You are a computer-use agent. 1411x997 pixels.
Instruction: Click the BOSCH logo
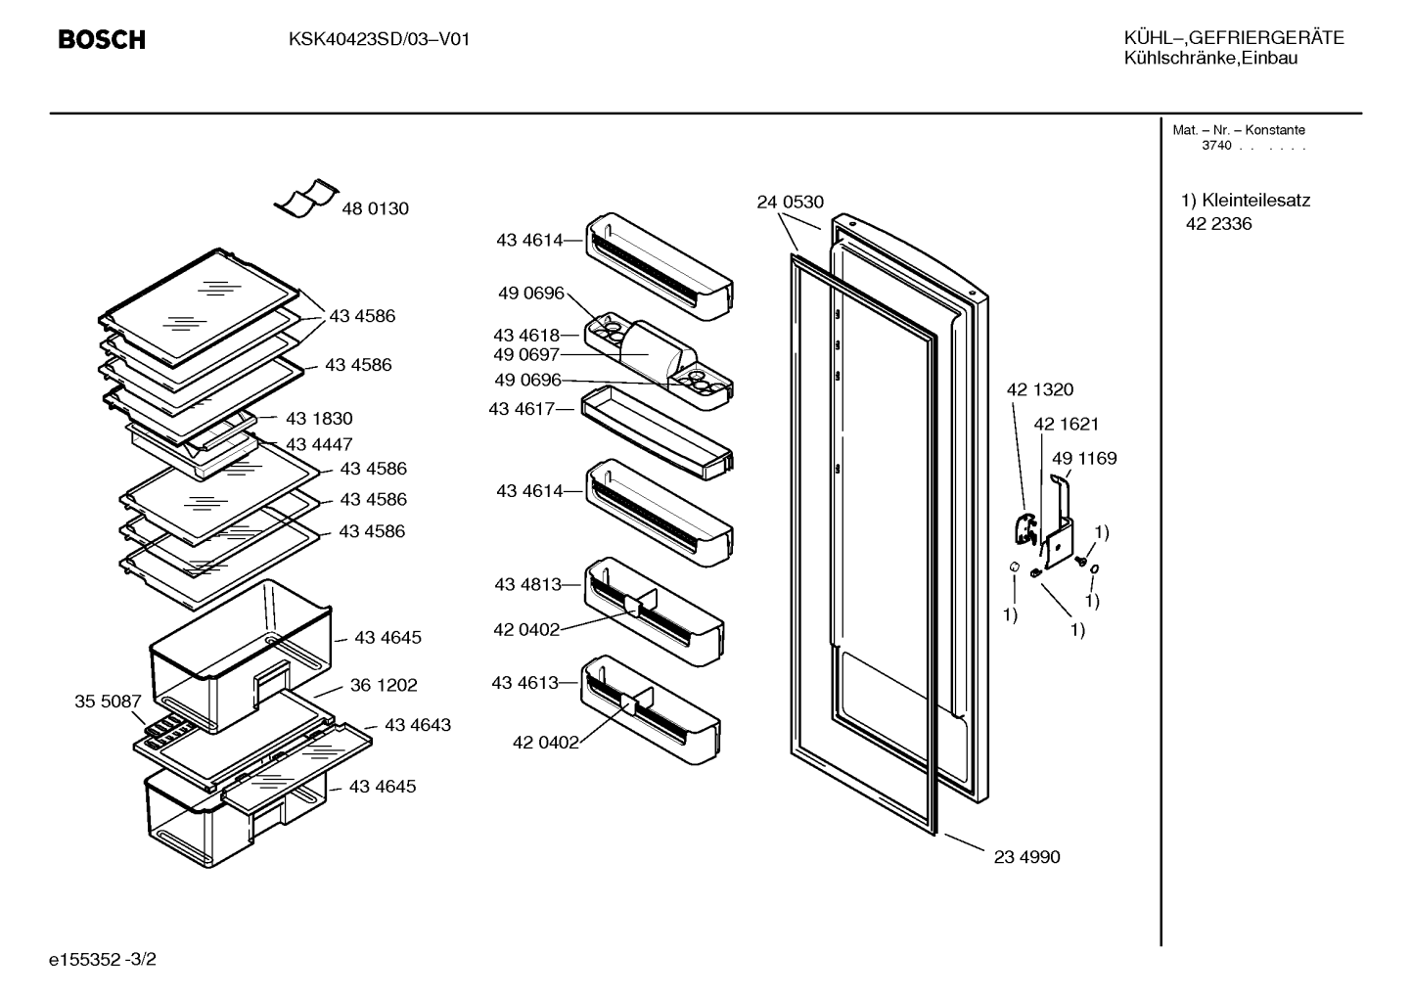(x=102, y=40)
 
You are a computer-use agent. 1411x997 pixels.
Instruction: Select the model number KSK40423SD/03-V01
(x=380, y=40)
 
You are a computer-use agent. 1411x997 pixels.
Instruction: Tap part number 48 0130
(x=376, y=208)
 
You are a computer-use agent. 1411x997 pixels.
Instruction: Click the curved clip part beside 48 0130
(x=306, y=198)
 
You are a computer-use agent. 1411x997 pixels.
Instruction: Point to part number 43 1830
(x=319, y=418)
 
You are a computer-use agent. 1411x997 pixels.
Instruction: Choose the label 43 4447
(x=319, y=444)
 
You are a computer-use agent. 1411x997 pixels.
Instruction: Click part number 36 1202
(x=384, y=685)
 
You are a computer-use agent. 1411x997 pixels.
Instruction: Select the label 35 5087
(x=108, y=701)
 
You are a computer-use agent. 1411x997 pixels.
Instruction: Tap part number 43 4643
(x=418, y=725)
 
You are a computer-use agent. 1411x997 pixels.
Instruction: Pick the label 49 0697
(x=526, y=354)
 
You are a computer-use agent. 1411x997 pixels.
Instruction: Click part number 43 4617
(x=522, y=409)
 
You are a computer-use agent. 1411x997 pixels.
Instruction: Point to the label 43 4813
(x=527, y=584)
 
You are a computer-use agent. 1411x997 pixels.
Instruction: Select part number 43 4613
(x=525, y=683)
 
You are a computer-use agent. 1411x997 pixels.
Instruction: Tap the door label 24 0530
(x=790, y=203)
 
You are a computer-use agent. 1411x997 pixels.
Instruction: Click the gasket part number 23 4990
(x=1026, y=857)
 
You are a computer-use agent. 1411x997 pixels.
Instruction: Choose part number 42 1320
(x=1040, y=389)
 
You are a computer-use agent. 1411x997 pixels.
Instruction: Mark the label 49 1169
(x=1084, y=458)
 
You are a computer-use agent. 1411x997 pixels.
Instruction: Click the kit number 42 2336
(x=1219, y=224)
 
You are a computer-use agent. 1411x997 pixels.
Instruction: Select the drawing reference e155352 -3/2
(x=103, y=959)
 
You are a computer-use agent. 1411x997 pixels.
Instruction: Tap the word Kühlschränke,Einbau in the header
(x=1210, y=59)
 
